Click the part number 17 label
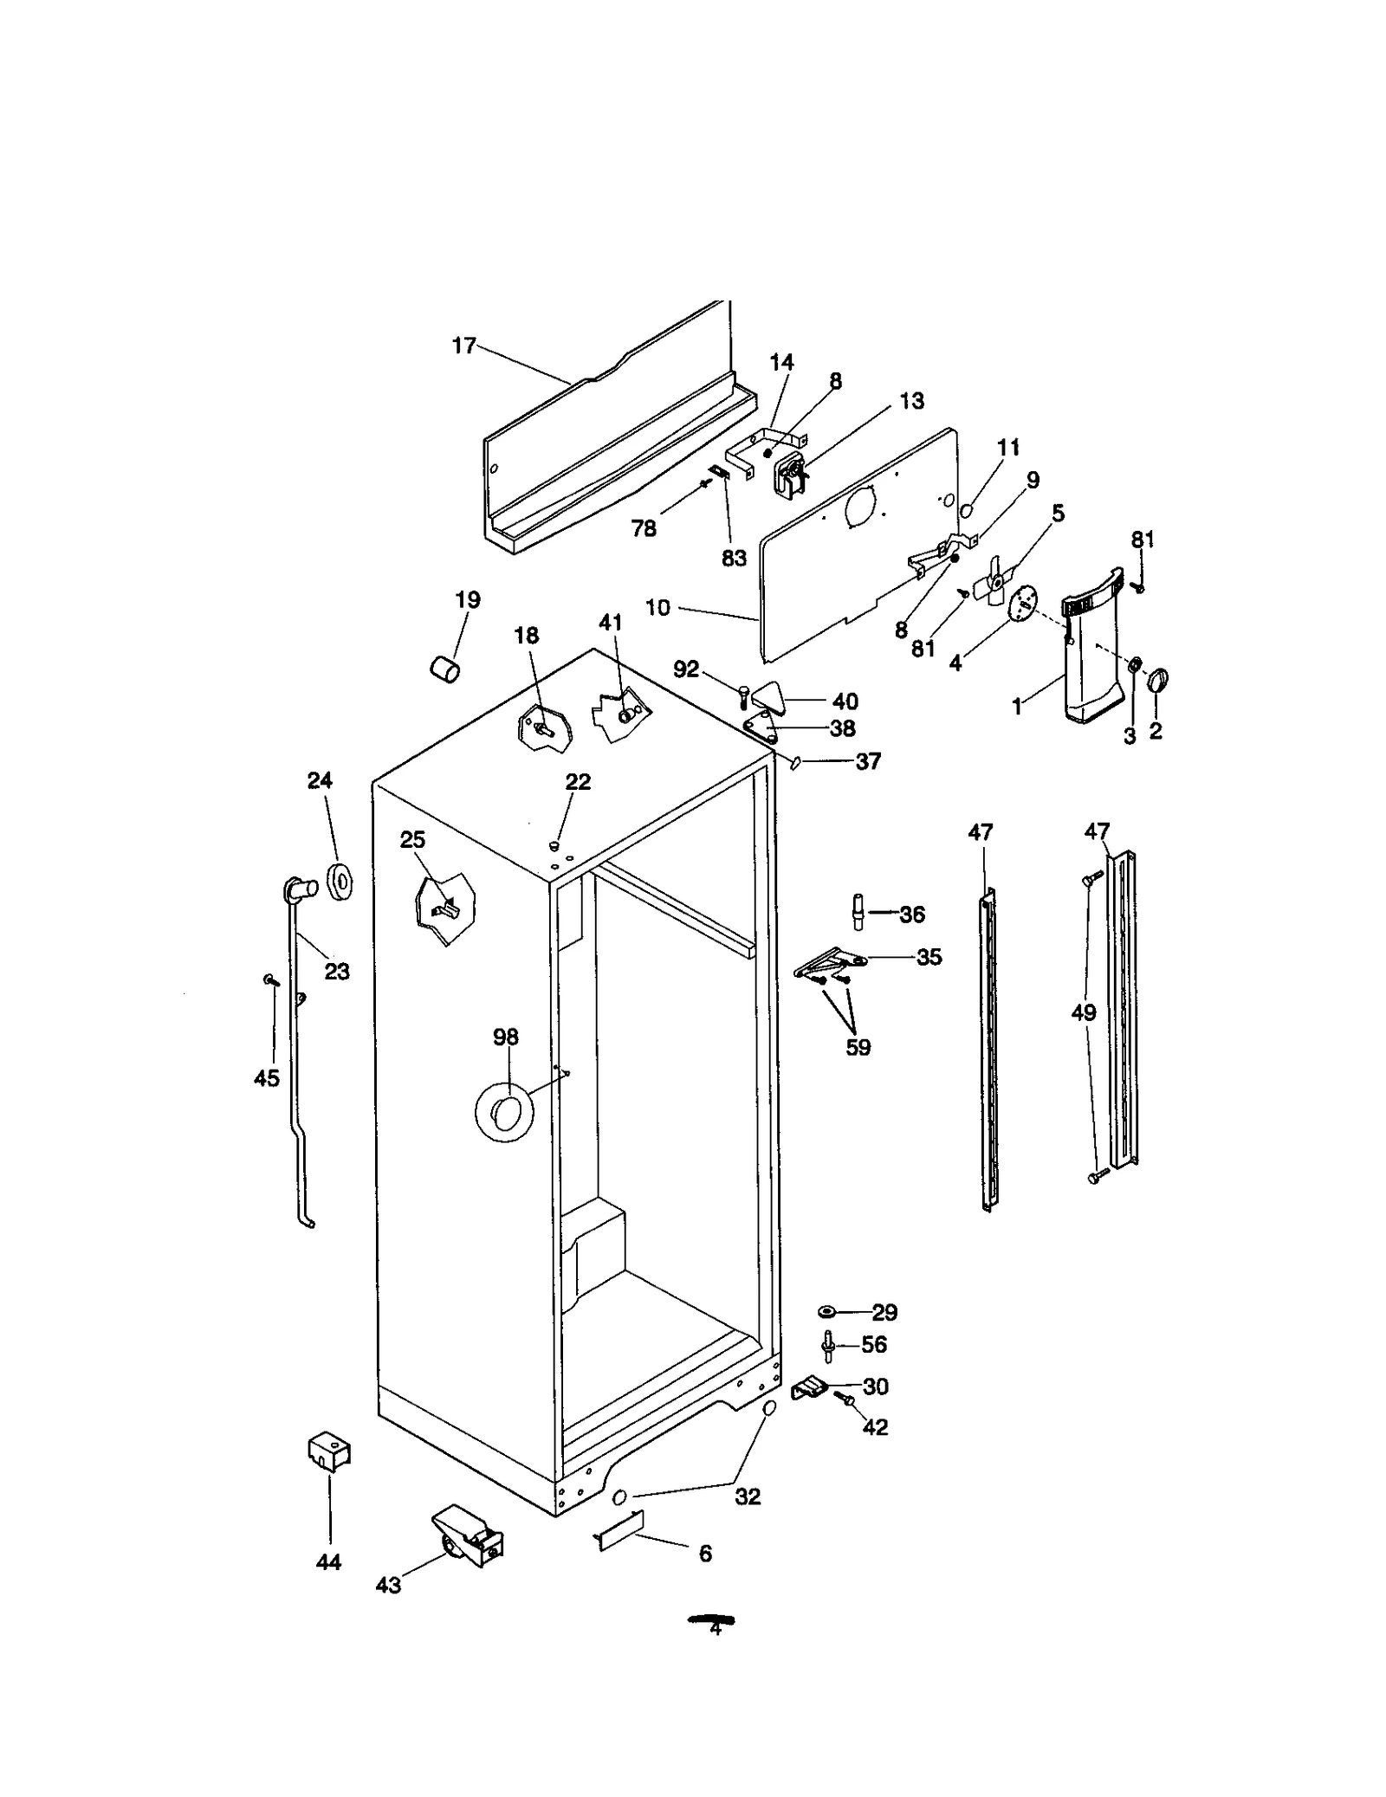[x=463, y=346]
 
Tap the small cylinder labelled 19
[x=445, y=669]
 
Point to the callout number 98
[x=505, y=1036]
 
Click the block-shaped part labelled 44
[x=329, y=1450]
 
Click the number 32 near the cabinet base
[x=748, y=1496]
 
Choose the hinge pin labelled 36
[x=858, y=913]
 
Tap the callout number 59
[x=858, y=1047]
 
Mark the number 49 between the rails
[x=1084, y=1012]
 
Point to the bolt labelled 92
[x=743, y=696]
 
